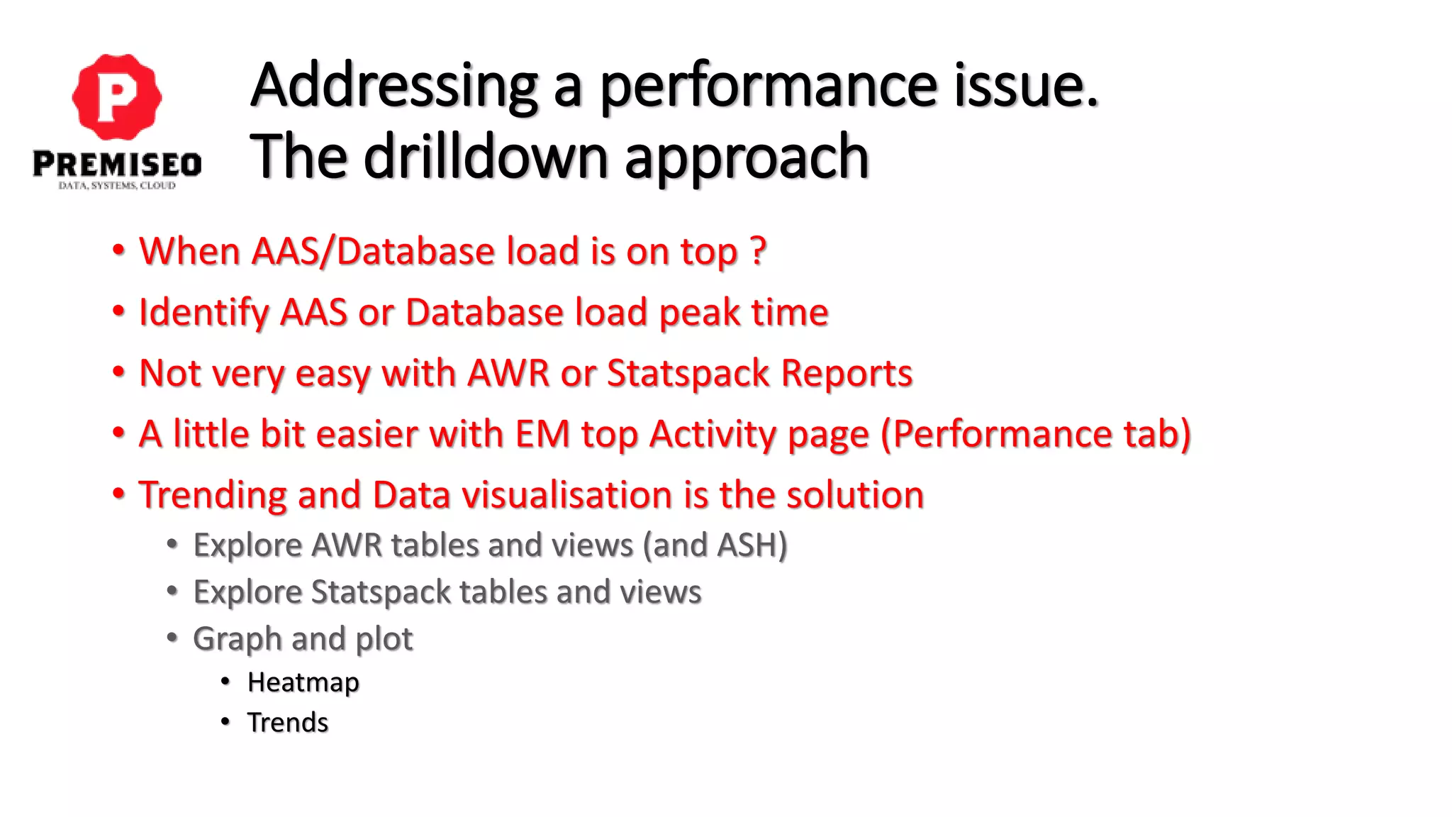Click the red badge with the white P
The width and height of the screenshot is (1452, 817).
tap(117, 96)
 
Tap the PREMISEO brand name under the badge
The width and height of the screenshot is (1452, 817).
tap(117, 165)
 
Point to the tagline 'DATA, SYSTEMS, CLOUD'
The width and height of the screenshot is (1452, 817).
tap(117, 186)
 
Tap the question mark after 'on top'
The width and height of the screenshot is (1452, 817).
tap(757, 251)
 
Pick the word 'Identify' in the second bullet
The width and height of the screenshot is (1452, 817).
tap(203, 313)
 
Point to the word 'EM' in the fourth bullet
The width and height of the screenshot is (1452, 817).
tap(542, 434)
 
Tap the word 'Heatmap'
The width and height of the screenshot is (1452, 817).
tap(303, 682)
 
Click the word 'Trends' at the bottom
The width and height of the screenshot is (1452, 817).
tap(287, 723)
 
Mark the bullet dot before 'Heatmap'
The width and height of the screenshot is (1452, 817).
tap(225, 682)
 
